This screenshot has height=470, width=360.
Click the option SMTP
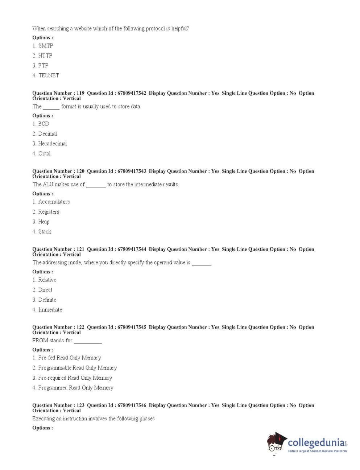(45, 46)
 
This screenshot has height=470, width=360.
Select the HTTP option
(45, 55)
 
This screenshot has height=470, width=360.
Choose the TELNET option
(49, 75)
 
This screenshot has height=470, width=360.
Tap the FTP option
(43, 66)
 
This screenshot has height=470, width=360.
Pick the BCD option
(43, 124)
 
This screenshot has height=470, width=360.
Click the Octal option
(44, 153)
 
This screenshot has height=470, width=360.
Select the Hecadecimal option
(52, 144)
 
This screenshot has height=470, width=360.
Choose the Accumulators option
(54, 202)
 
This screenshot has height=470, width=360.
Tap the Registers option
(48, 212)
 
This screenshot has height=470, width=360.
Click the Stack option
(45, 232)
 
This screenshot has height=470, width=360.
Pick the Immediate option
(50, 310)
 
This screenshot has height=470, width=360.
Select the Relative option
(47, 280)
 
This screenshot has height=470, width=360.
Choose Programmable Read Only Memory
(77, 368)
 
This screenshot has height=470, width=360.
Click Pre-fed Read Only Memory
(69, 358)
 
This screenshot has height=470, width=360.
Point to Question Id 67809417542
(117, 93)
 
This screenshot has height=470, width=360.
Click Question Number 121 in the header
(58, 249)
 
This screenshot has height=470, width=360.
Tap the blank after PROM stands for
(88, 341)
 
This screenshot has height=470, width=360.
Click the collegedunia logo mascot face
(276, 444)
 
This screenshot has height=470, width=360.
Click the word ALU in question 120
(48, 185)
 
